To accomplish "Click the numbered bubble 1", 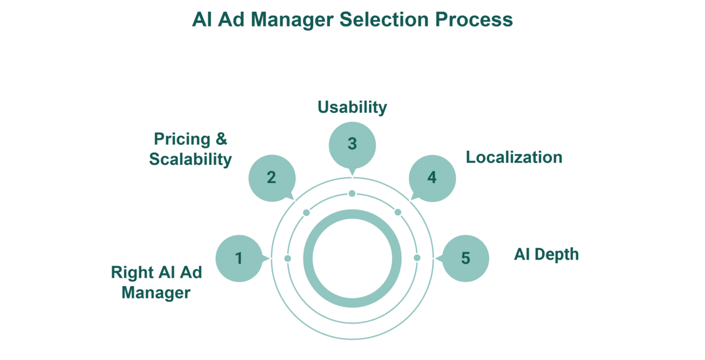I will click(239, 258).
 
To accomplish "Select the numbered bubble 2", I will click(271, 178).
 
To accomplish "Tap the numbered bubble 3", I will click(352, 144).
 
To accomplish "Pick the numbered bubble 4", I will click(432, 178).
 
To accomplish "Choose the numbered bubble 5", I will click(465, 258).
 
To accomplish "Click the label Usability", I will click(352, 107).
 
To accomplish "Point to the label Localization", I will click(514, 157).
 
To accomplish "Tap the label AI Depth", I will click(546, 254).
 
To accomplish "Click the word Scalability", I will click(190, 159).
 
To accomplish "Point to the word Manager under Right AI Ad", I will click(156, 292).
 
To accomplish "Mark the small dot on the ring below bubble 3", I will click(352, 193).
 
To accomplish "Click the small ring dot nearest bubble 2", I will click(306, 213).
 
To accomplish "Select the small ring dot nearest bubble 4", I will click(398, 212).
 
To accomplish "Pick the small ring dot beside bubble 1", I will click(287, 258).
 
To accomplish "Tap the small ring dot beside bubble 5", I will click(417, 258).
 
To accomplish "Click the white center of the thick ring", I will click(352, 258).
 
